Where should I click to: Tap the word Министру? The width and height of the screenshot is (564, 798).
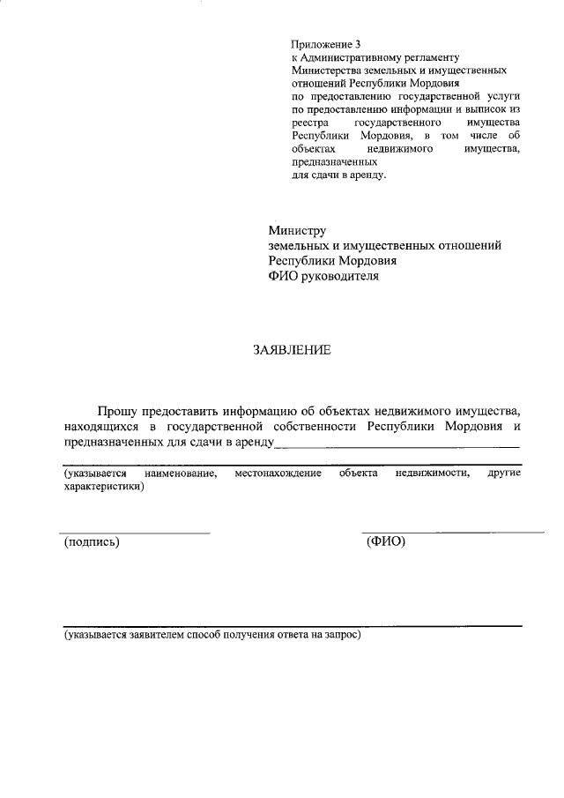tap(298, 230)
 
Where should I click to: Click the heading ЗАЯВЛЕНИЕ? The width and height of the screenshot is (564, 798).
tap(292, 350)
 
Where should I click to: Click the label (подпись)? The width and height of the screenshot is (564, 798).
tap(92, 541)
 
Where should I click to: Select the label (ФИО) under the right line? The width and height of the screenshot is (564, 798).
tap(385, 541)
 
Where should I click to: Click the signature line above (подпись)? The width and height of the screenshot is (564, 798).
tap(135, 533)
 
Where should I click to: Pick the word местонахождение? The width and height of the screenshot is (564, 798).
tap(278, 474)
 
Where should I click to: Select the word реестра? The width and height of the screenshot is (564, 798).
tap(308, 122)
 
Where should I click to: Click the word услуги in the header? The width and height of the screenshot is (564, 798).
tap(504, 94)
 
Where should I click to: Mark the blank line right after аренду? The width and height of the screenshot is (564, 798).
tap(397, 446)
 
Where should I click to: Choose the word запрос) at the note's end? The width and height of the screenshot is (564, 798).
tap(341, 634)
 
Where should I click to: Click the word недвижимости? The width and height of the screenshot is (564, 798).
tap(432, 474)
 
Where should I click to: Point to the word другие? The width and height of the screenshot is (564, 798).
tap(504, 474)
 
